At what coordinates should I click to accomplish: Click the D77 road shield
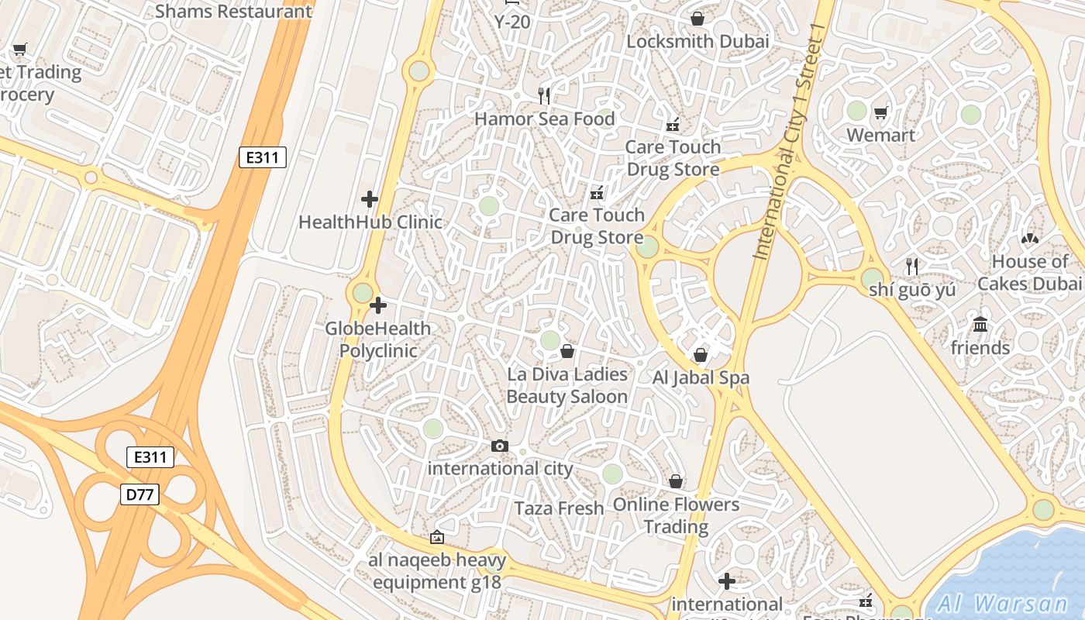click(x=139, y=494)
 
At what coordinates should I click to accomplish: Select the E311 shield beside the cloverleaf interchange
click(x=150, y=457)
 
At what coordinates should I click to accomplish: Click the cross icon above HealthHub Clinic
click(x=370, y=199)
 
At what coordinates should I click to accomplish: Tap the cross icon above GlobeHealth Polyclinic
click(x=378, y=305)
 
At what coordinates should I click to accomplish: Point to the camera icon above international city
click(x=500, y=446)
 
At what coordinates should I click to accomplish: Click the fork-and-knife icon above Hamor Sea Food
click(x=544, y=95)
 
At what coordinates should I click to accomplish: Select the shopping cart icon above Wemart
click(x=880, y=113)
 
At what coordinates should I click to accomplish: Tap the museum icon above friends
click(x=980, y=324)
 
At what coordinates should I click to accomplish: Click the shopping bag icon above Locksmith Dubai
click(x=697, y=18)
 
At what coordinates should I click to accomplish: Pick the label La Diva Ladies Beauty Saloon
click(x=567, y=385)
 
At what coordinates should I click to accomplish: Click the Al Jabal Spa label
click(x=701, y=378)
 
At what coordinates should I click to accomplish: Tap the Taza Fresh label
click(x=560, y=508)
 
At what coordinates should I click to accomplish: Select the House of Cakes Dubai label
click(x=1029, y=272)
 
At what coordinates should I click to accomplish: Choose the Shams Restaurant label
click(x=233, y=11)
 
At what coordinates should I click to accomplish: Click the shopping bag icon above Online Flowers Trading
click(x=676, y=481)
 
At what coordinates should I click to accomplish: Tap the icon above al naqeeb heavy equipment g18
click(x=437, y=536)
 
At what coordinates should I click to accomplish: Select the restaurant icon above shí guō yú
click(x=912, y=266)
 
